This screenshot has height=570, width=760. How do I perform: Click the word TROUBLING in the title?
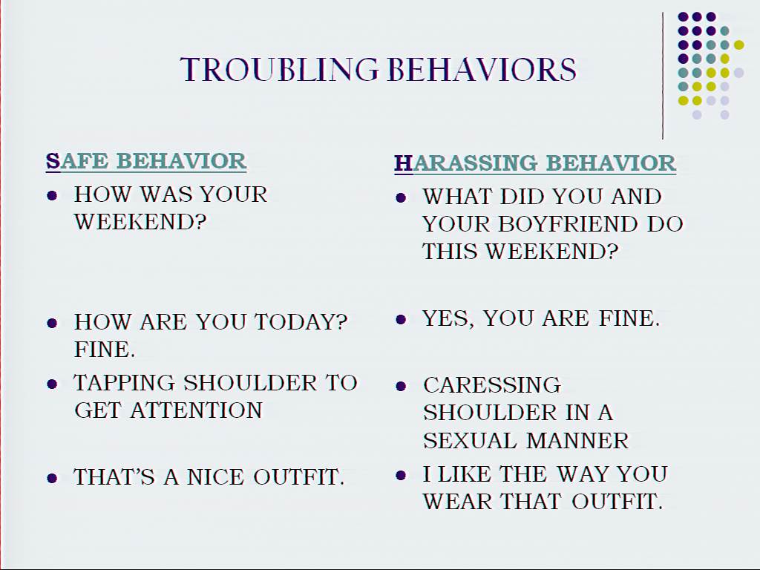point(279,69)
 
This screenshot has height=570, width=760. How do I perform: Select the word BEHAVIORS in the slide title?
point(482,69)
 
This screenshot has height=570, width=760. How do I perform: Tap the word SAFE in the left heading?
point(77,161)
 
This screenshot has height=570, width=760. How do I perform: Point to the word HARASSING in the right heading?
point(466,163)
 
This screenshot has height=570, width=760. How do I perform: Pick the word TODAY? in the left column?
point(301,322)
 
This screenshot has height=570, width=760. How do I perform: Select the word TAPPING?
point(124,383)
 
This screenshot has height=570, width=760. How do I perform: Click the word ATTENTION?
point(196,410)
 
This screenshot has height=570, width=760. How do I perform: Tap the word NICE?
point(215,477)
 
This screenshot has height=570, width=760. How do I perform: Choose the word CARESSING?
point(492,385)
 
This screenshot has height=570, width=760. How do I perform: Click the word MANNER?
point(577,441)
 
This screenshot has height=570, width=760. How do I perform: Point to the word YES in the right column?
point(448,319)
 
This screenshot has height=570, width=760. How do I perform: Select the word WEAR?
point(457,501)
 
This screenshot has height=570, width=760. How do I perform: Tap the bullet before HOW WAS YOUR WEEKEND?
point(52,196)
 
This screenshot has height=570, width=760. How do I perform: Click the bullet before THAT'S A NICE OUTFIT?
point(52,479)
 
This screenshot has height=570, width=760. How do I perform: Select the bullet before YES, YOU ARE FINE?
point(401,319)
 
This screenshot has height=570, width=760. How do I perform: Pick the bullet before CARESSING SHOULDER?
point(401,386)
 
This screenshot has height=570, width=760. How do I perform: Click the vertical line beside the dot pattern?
point(663,76)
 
